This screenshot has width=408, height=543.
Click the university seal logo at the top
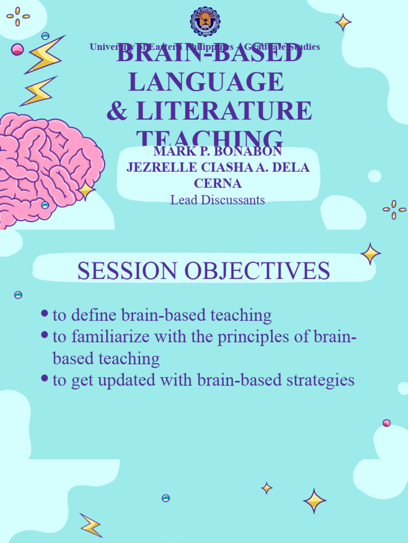pos(205,21)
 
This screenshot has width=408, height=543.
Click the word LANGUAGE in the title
pos(206,82)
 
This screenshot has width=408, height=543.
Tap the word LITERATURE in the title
pos(223,111)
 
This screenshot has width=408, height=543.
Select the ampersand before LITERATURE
pos(117,111)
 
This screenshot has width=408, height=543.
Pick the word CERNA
pos(218,183)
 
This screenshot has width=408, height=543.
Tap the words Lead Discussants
pos(218,200)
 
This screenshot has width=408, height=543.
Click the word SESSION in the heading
pos(127,271)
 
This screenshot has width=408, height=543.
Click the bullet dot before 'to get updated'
pos(45,379)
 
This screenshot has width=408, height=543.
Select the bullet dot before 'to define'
pos(45,314)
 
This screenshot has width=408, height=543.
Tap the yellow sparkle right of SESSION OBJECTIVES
pos(370,253)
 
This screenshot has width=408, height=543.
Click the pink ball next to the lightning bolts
pos(18,49)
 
